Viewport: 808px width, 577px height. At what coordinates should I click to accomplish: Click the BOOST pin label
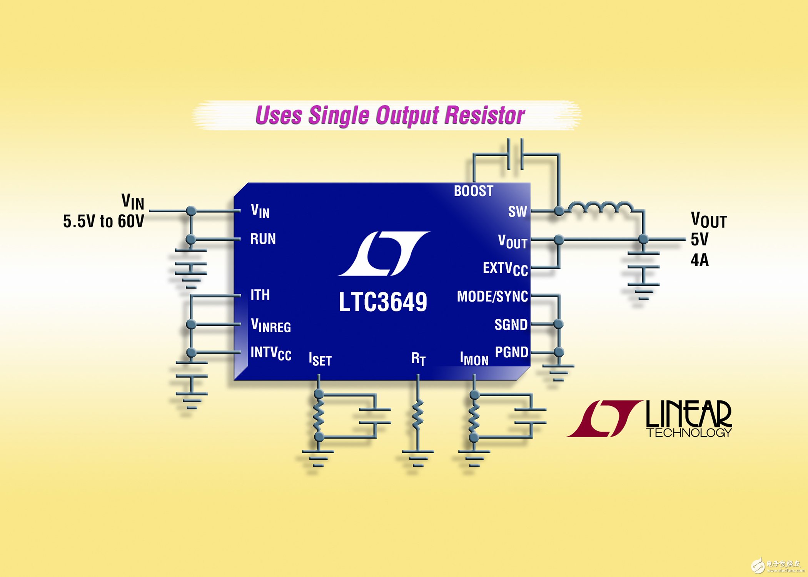point(473,191)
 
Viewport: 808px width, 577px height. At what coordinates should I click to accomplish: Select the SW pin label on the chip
point(518,212)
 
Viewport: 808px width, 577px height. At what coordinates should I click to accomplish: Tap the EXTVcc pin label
point(505,269)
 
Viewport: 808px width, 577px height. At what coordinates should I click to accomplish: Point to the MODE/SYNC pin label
point(492,297)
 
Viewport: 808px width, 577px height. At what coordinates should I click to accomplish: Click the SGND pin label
point(511,325)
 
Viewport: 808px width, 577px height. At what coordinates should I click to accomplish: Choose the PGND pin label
point(511,352)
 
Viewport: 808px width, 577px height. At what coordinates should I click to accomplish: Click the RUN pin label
point(263,239)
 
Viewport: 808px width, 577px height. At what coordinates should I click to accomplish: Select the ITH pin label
point(260,295)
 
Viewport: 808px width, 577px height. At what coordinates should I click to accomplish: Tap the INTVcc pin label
point(271,354)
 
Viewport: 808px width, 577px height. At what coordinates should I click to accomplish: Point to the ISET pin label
point(320,359)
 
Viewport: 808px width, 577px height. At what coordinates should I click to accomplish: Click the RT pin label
point(418,359)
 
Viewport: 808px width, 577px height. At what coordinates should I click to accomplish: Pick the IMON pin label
point(474,359)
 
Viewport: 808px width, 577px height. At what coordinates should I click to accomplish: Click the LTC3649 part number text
point(383,302)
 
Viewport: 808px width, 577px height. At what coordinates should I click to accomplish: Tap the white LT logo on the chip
point(384,253)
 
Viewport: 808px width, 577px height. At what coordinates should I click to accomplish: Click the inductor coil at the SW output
point(600,208)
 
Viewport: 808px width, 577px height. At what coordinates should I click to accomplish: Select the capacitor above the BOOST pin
point(515,154)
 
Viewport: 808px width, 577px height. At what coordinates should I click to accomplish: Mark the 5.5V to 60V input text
point(104,221)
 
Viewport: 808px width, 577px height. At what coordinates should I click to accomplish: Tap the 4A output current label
point(699,260)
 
